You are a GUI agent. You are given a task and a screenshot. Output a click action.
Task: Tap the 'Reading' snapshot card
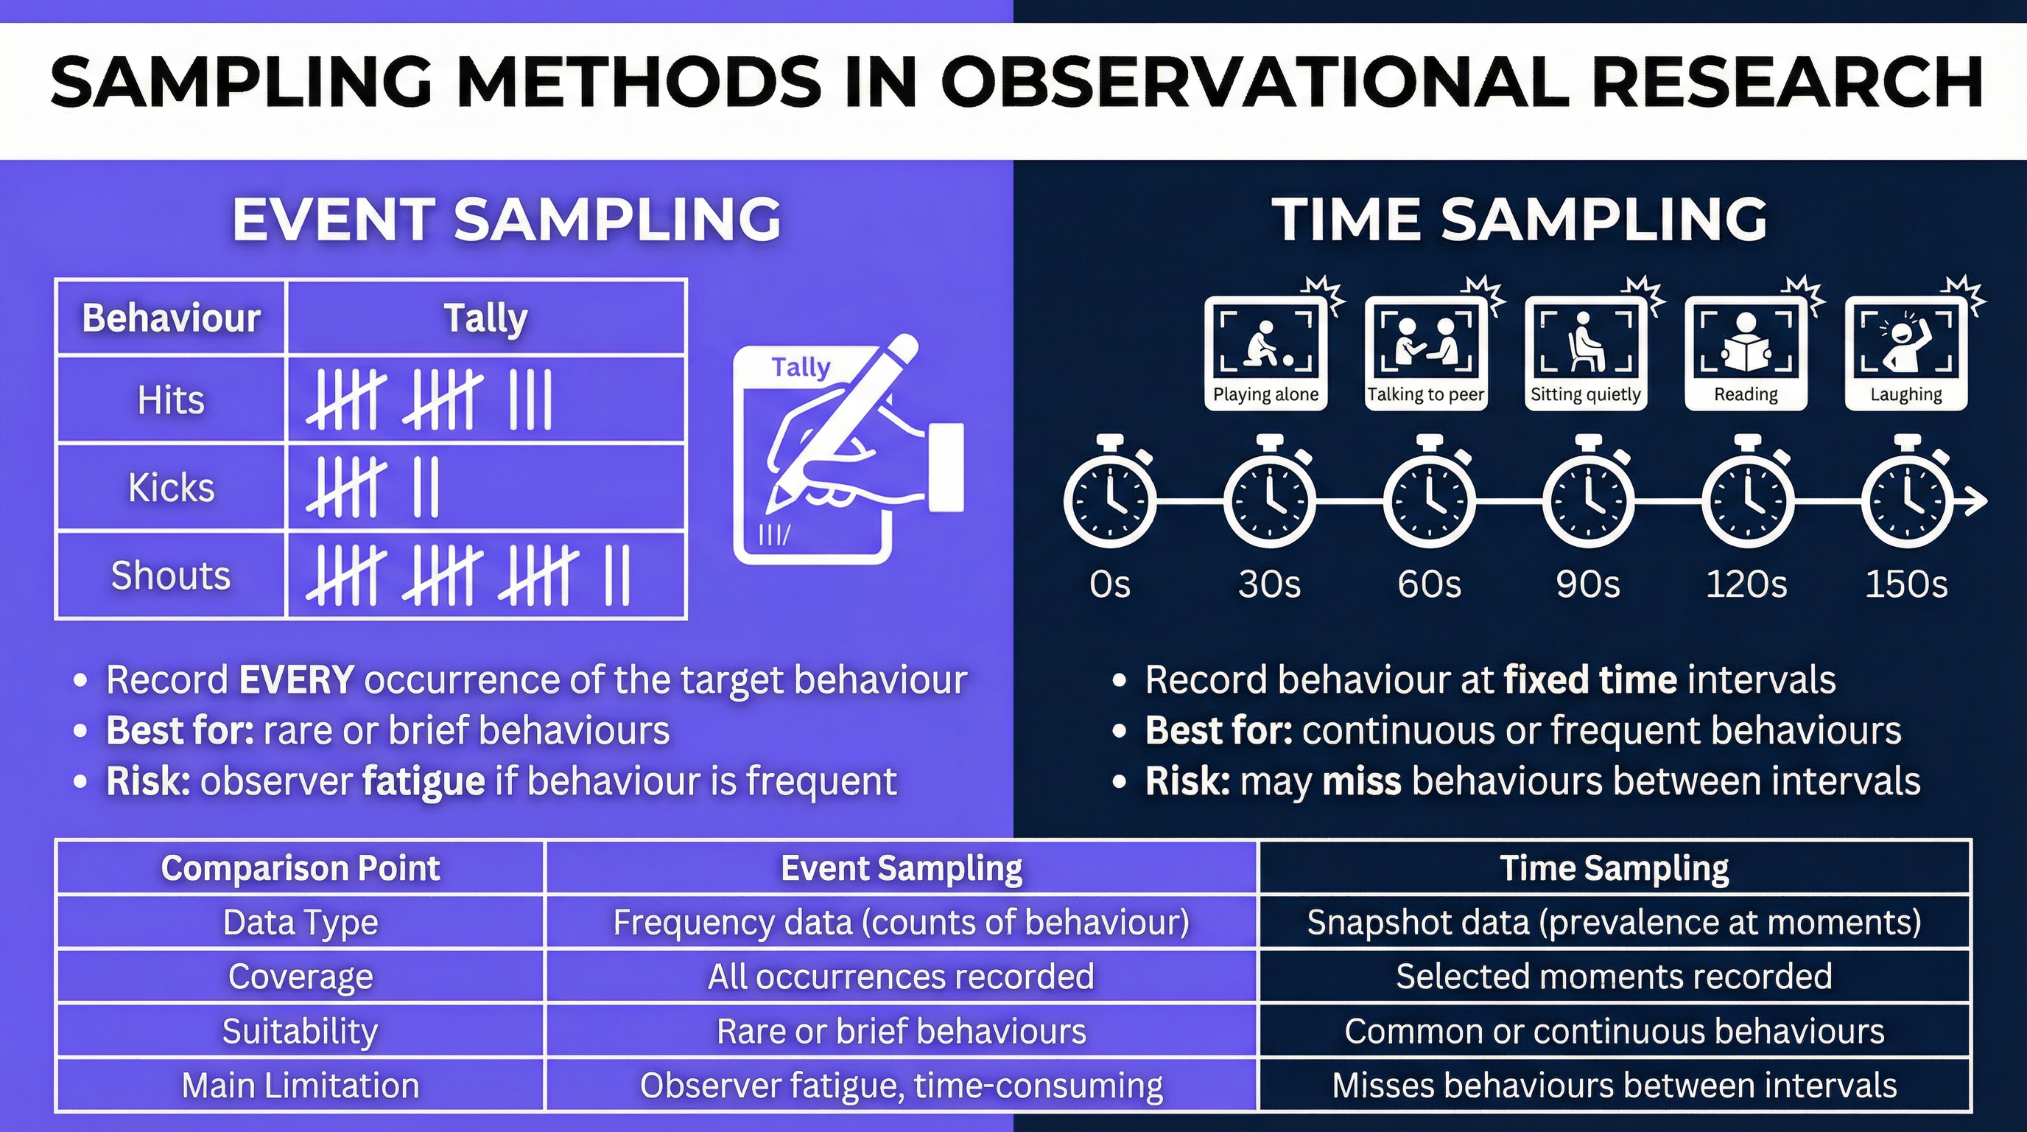1746,354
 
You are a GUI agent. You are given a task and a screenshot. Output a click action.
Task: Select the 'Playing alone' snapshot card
1265,354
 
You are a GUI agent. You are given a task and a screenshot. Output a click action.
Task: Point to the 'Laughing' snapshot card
1905,354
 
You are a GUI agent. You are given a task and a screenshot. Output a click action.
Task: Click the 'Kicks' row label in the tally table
171,487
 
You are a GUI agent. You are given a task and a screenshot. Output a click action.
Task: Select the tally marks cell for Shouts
485,576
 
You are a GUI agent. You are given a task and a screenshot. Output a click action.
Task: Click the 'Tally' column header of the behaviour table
485,318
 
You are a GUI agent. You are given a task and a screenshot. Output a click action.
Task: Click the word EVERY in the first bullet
296,679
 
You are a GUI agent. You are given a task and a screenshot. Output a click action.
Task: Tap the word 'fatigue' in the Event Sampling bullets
423,781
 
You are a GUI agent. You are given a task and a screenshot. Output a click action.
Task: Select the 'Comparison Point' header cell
300,867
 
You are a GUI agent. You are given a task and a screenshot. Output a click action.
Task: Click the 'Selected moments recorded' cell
1613,976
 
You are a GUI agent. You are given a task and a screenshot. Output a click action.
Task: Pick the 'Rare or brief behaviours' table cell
900,1030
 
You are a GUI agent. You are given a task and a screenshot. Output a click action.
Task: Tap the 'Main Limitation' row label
300,1085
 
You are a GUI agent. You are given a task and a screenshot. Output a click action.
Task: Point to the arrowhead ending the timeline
1977,500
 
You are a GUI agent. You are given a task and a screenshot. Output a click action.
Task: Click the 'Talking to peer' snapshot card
1425,354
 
